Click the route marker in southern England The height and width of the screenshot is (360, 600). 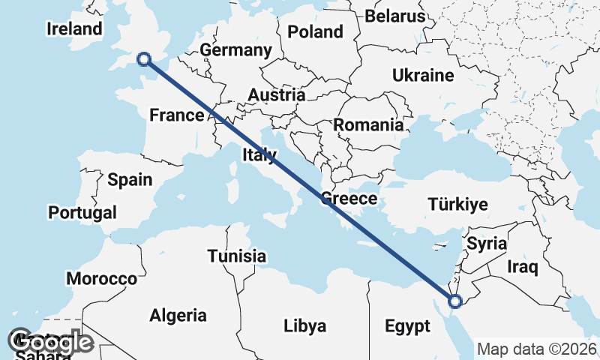click(x=143, y=58)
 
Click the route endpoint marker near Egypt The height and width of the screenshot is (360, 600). click(x=454, y=301)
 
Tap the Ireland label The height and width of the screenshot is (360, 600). click(x=74, y=29)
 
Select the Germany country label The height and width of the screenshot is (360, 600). click(x=235, y=50)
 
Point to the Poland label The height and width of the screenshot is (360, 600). click(x=315, y=31)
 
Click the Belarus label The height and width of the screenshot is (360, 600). click(x=395, y=16)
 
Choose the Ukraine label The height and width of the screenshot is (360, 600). click(x=423, y=75)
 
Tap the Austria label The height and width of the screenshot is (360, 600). click(x=277, y=95)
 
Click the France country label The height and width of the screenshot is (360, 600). click(x=176, y=115)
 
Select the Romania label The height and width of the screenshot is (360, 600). click(x=368, y=125)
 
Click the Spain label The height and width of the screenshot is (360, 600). click(x=130, y=179)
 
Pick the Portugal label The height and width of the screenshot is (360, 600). click(x=82, y=212)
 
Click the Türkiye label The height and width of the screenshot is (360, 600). click(x=457, y=204)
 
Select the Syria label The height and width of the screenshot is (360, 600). click(x=487, y=244)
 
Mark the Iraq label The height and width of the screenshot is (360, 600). click(x=522, y=266)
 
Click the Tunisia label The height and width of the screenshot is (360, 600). click(x=237, y=256)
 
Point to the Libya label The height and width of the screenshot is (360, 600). click(x=304, y=326)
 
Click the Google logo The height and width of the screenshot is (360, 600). click(x=52, y=343)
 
